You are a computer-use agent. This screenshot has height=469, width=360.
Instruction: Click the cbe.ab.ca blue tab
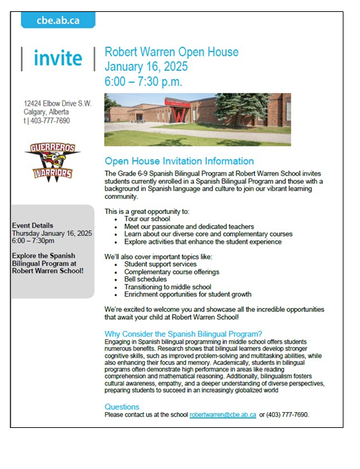(x=58, y=21)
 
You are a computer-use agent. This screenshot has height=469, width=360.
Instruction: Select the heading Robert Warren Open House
(x=171, y=52)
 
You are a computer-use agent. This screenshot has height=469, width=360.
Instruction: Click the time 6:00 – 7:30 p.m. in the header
(x=143, y=81)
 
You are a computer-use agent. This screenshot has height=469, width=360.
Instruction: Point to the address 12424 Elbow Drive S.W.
(x=58, y=104)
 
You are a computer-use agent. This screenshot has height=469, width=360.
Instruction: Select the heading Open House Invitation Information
(x=179, y=161)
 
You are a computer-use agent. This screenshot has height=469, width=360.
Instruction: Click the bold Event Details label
(x=32, y=226)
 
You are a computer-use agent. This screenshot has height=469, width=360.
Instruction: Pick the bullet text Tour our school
(x=147, y=219)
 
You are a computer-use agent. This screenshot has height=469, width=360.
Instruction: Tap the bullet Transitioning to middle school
(x=167, y=287)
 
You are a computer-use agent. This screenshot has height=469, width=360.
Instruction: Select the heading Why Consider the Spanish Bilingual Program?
(x=183, y=333)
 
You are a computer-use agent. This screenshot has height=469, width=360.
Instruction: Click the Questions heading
(x=122, y=407)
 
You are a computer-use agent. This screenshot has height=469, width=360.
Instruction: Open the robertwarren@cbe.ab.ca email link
(x=222, y=415)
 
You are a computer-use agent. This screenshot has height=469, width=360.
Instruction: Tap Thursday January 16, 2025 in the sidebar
(x=52, y=233)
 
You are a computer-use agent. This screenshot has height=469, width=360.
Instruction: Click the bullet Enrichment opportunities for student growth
(x=187, y=294)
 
